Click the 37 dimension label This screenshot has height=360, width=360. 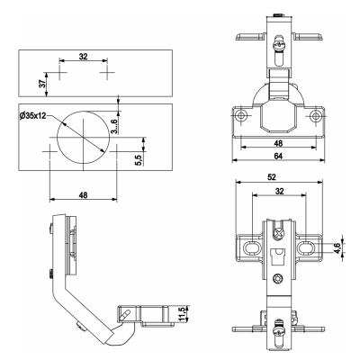pyautogui.click(x=42, y=84)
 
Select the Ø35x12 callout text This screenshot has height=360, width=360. pyautogui.click(x=32, y=116)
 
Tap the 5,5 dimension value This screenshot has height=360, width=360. pyautogui.click(x=139, y=158)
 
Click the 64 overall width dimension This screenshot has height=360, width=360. pyautogui.click(x=278, y=156)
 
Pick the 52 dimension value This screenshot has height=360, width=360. pyautogui.click(x=272, y=177)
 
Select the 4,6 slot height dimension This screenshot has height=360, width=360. pyautogui.click(x=338, y=248)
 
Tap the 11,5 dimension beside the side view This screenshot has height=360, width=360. pyautogui.click(x=182, y=315)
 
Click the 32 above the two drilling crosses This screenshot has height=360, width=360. pyautogui.click(x=83, y=56)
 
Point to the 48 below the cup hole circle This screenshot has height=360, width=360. pyautogui.click(x=83, y=195)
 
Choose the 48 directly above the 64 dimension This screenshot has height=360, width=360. pyautogui.click(x=278, y=143)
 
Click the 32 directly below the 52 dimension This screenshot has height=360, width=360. pyautogui.click(x=279, y=191)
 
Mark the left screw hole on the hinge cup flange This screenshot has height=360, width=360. pyautogui.click(x=241, y=115)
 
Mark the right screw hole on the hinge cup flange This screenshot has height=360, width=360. pyautogui.click(x=315, y=115)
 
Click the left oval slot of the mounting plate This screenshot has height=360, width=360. pyautogui.click(x=252, y=247)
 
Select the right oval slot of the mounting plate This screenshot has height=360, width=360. pyautogui.click(x=306, y=247)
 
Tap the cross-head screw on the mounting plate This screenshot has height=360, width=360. pyautogui.click(x=279, y=233)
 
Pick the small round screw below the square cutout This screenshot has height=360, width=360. pyautogui.click(x=278, y=279)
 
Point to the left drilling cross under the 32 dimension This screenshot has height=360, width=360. pyautogui.click(x=60, y=72)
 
